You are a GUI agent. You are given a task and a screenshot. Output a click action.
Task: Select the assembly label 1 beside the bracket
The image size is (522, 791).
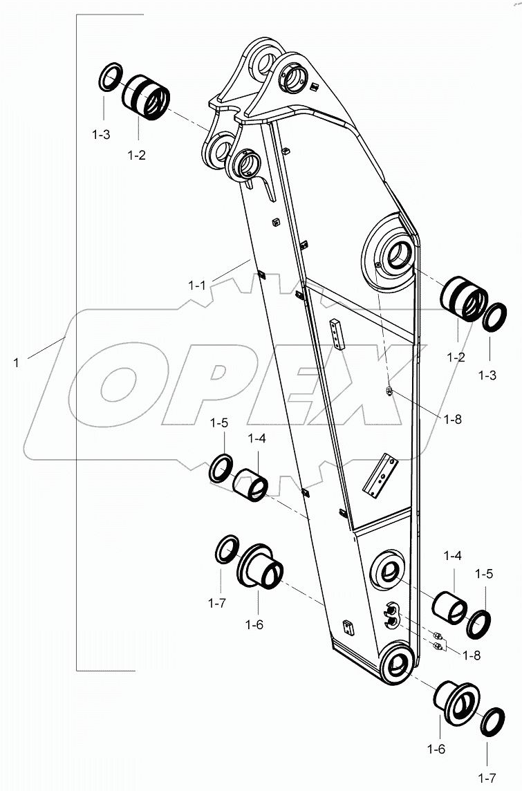(16, 361)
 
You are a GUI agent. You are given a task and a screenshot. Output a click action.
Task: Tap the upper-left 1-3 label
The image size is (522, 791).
(101, 136)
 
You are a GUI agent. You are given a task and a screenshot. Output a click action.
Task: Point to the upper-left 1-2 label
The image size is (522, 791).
(136, 156)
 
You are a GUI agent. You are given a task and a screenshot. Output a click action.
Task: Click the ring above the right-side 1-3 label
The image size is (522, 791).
(494, 317)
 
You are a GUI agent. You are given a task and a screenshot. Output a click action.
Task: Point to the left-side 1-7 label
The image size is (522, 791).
(217, 603)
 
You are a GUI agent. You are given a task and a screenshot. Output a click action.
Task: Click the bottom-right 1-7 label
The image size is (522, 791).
(487, 779)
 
